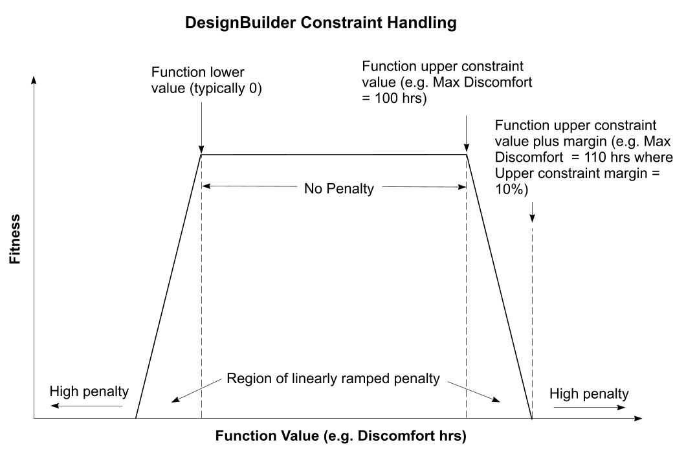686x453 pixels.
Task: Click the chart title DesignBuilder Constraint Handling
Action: pyautogui.click(x=320, y=23)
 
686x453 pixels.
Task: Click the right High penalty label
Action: pyautogui.click(x=588, y=393)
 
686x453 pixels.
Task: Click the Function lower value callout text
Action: pyautogui.click(x=205, y=80)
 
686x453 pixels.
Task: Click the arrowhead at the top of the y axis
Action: pyautogui.click(x=34, y=80)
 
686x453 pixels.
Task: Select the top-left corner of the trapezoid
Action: pyautogui.click(x=201, y=155)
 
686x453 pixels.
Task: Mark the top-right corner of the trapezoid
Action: pyautogui.click(x=467, y=155)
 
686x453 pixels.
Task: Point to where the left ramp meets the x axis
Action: pyautogui.click(x=135, y=419)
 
